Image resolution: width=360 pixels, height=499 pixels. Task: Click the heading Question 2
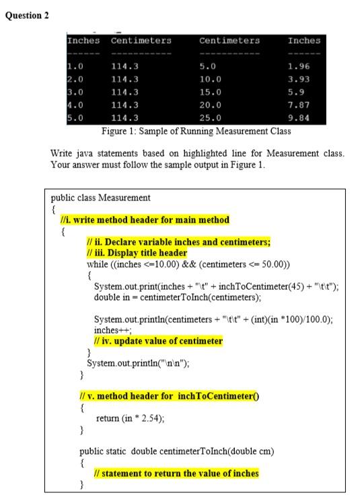[x=27, y=15]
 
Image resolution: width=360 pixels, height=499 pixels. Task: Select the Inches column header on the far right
[x=304, y=41]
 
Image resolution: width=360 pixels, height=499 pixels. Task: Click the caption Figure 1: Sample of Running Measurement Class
[x=195, y=130]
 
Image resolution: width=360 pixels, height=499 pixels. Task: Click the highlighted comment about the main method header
[x=143, y=220]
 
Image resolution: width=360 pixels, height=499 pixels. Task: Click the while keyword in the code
[x=89, y=263]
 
